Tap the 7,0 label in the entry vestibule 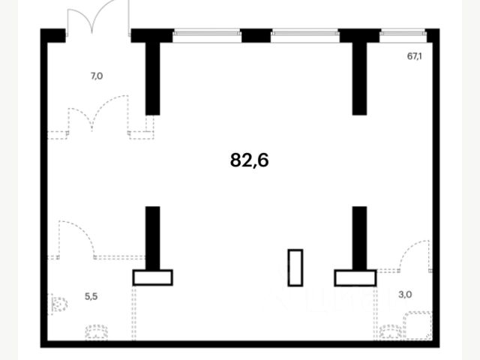[97, 76]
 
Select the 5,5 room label [91, 295]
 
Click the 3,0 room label [405, 294]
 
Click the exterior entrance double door [97, 21]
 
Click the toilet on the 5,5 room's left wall [57, 305]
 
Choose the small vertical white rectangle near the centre [295, 267]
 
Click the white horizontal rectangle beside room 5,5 [152, 277]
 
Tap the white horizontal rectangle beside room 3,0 [355, 277]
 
